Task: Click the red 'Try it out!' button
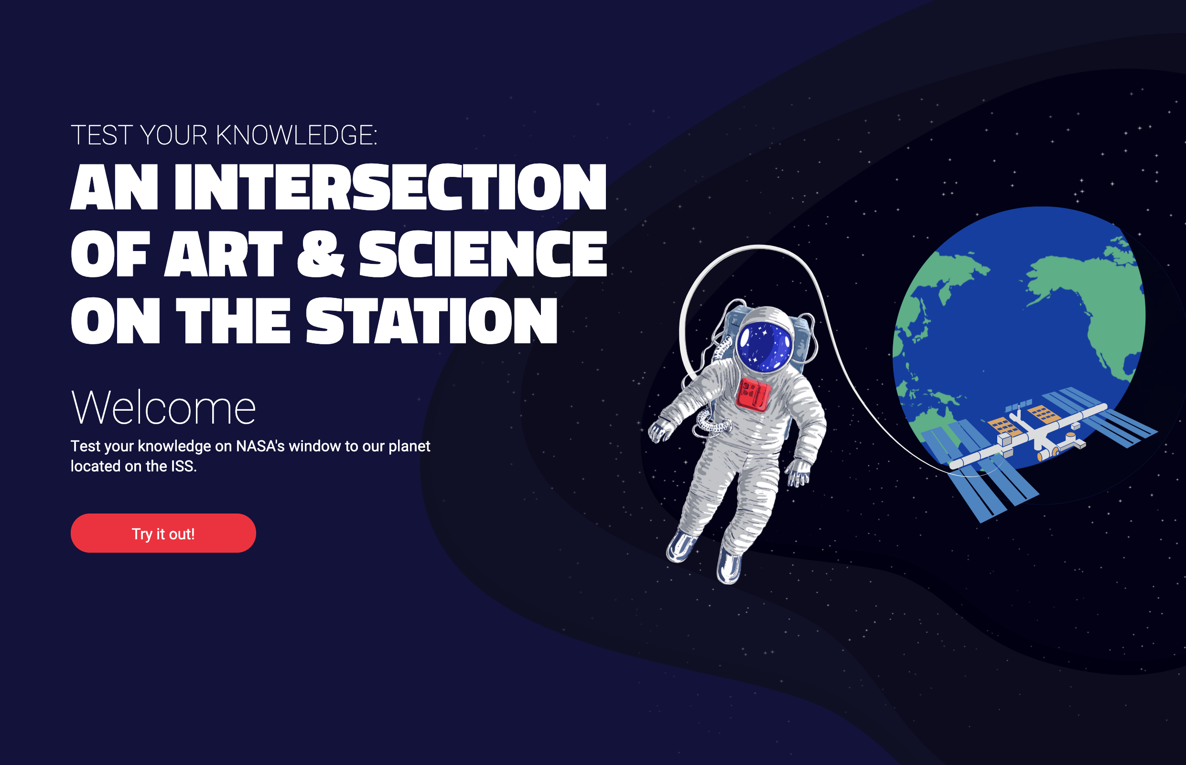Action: (163, 533)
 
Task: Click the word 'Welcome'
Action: (163, 408)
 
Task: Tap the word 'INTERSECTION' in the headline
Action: (391, 187)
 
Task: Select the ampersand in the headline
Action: (321, 253)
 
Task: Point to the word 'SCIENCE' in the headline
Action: (483, 253)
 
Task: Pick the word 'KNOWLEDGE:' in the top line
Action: (296, 135)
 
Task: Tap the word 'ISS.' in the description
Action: (183, 466)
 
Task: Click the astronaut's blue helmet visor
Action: (765, 346)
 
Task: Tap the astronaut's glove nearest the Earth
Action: (799, 472)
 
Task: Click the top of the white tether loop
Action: (758, 246)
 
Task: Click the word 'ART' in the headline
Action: (224, 253)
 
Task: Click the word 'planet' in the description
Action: (409, 447)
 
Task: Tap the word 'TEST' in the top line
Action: (102, 135)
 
